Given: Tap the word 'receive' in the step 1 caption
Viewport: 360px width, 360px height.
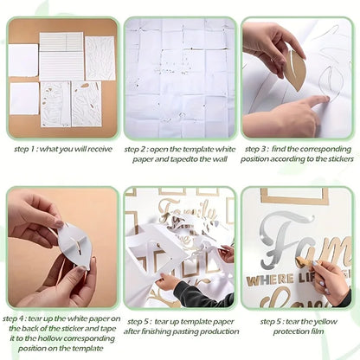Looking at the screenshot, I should (100, 148).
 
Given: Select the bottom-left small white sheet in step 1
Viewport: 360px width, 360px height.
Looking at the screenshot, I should (23, 100).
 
